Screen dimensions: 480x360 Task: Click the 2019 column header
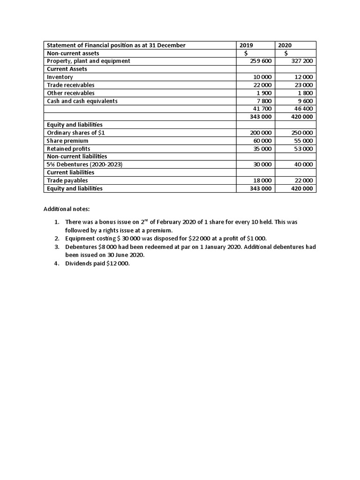(x=246, y=45)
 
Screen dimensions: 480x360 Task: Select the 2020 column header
(x=285, y=45)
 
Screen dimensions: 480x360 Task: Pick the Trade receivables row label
(x=71, y=85)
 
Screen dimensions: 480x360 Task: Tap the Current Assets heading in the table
(x=67, y=69)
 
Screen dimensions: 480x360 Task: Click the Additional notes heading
(x=63, y=209)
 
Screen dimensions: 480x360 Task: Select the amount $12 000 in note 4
(x=118, y=263)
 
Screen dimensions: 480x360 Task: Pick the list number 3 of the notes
(x=56, y=247)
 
